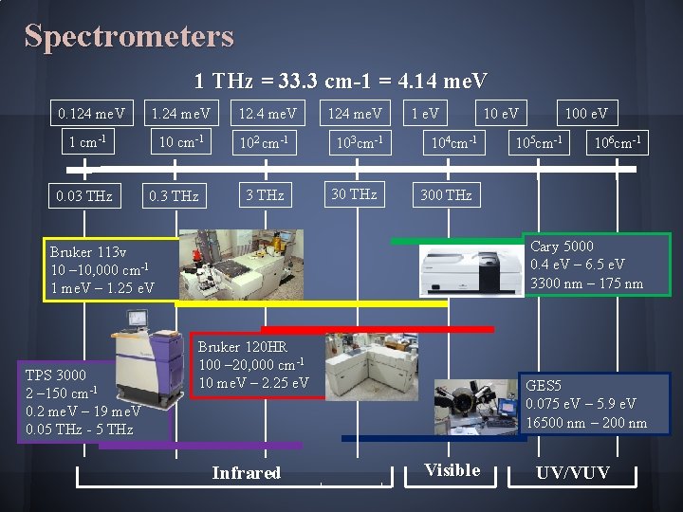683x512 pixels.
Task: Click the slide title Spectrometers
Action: [x=128, y=36]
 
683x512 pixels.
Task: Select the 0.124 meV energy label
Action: [x=92, y=114]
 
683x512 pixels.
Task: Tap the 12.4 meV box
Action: [x=267, y=114]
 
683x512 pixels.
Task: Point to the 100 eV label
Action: [x=586, y=114]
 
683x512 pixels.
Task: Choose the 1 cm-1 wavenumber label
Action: [x=86, y=143]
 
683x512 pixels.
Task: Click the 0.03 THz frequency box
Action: [x=83, y=196]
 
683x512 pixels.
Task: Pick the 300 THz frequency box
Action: [x=445, y=195]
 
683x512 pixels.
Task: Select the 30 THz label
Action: [x=354, y=194]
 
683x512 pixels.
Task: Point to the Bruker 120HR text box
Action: [x=253, y=365]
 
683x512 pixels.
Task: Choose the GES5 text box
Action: [x=596, y=404]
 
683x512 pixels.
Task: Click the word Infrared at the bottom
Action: [x=247, y=472]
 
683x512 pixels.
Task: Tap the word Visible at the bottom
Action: [x=452, y=470]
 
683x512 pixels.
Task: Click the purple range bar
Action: [x=200, y=444]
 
